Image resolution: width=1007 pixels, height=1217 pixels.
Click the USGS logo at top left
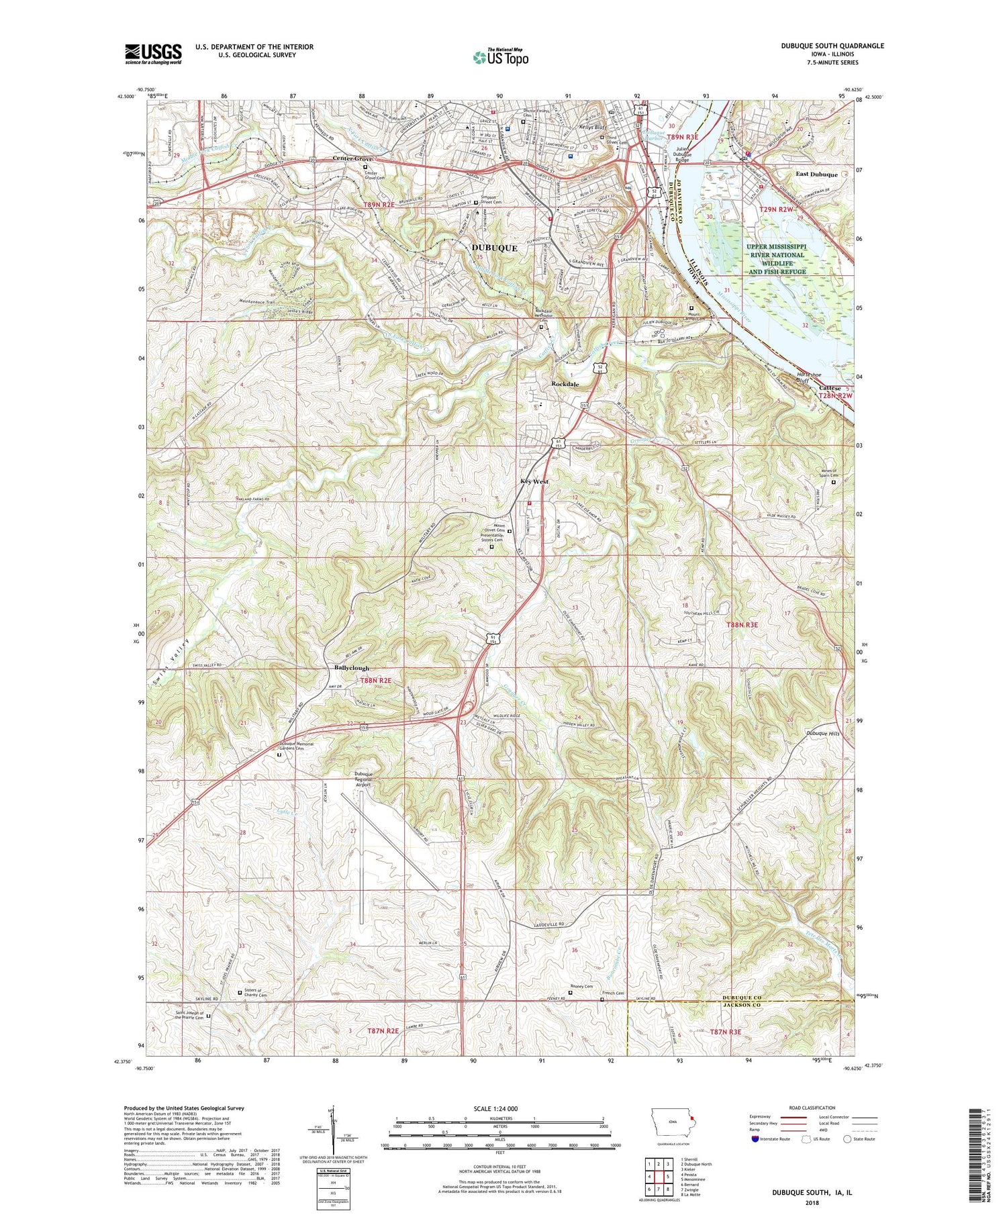153,54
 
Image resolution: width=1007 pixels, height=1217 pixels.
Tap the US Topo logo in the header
500,58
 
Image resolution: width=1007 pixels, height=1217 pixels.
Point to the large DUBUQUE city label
494,248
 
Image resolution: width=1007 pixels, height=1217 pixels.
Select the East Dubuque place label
816,175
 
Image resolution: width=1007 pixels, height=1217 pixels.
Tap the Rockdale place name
565,384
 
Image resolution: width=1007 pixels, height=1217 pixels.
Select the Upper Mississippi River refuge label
775,258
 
